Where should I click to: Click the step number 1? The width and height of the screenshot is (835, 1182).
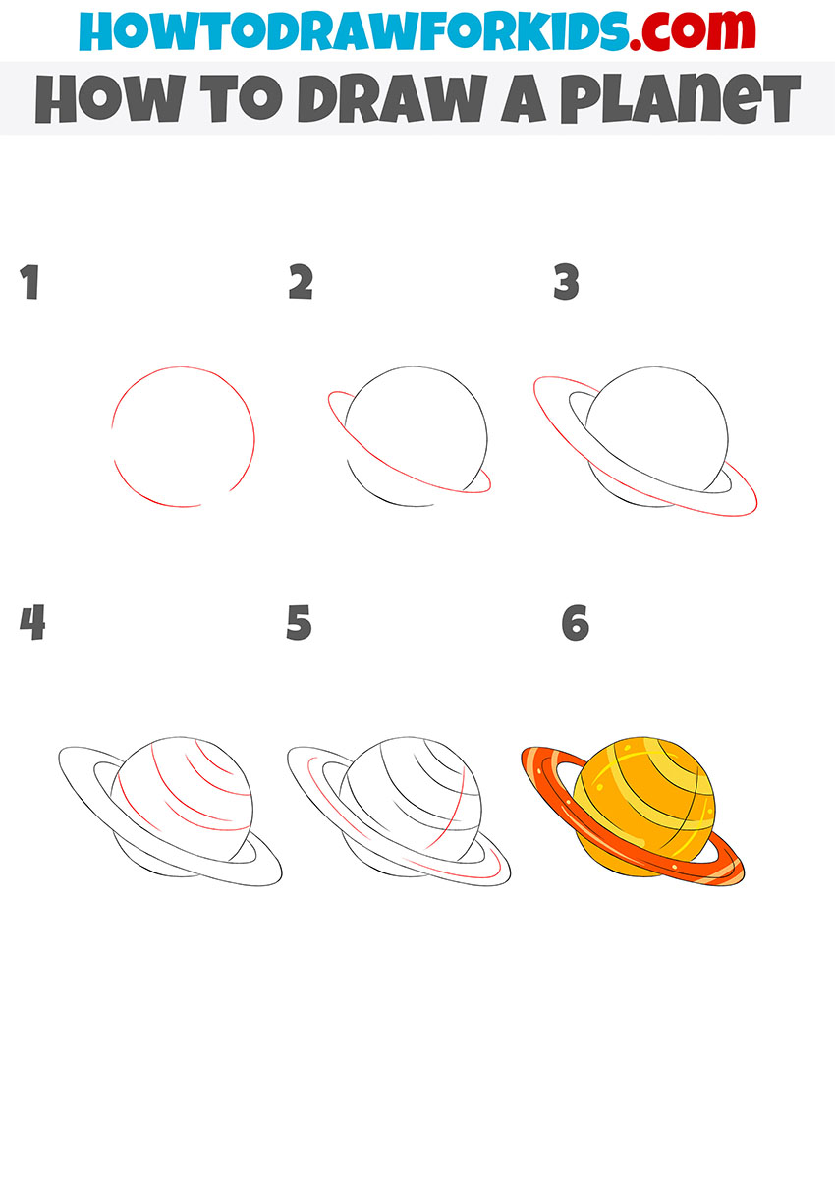click(29, 283)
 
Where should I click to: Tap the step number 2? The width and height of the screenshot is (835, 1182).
click(301, 283)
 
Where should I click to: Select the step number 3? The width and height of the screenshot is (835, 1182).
click(566, 283)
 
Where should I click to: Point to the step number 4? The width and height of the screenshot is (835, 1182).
click(32, 623)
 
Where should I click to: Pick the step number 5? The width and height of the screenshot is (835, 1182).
click(299, 623)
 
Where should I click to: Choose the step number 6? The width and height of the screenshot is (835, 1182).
click(575, 623)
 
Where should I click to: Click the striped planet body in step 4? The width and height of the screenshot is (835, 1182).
click(187, 796)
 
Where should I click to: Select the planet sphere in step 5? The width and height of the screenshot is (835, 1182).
click(417, 796)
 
